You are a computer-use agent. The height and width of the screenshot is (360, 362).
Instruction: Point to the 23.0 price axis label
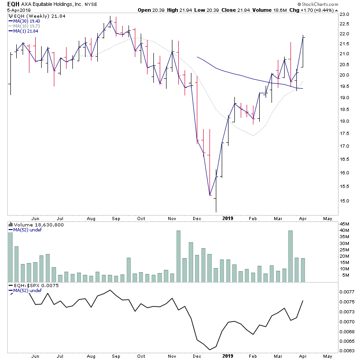(x=346, y=14)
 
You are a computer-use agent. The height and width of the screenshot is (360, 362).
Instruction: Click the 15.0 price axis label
(x=346, y=201)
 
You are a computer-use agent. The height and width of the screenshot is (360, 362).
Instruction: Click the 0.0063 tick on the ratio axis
(x=348, y=350)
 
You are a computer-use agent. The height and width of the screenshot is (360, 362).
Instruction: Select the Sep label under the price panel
(x=116, y=217)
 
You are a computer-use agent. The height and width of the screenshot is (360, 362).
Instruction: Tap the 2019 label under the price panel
(x=228, y=217)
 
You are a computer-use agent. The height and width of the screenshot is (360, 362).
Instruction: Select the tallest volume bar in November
(x=178, y=256)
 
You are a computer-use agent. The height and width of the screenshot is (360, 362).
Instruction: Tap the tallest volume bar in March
(x=291, y=256)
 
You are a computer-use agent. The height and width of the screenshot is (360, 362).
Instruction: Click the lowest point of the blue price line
(x=210, y=196)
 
